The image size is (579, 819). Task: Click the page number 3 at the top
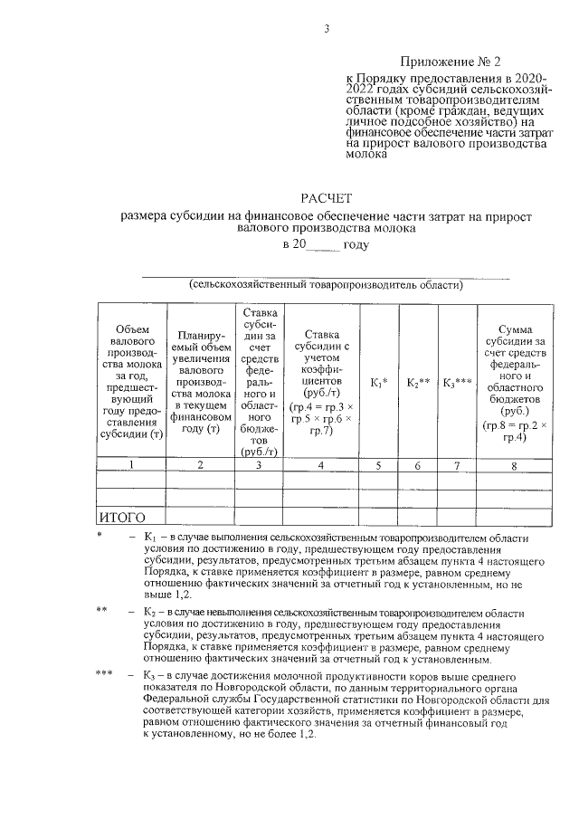click(x=326, y=29)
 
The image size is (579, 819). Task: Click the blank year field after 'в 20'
click(x=324, y=245)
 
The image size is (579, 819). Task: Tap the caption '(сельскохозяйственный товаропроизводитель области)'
click(x=326, y=285)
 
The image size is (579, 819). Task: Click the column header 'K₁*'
click(x=379, y=383)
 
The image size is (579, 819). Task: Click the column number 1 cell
click(x=130, y=465)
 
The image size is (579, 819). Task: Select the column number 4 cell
click(x=320, y=465)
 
